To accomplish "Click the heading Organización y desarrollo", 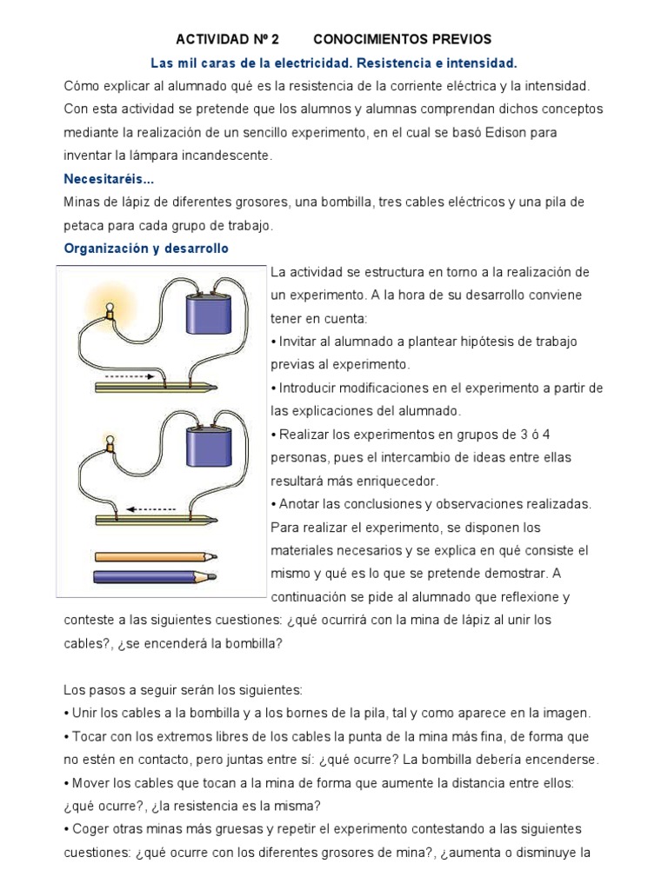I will pos(146,248).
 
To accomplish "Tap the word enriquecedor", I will pos(397,481).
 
